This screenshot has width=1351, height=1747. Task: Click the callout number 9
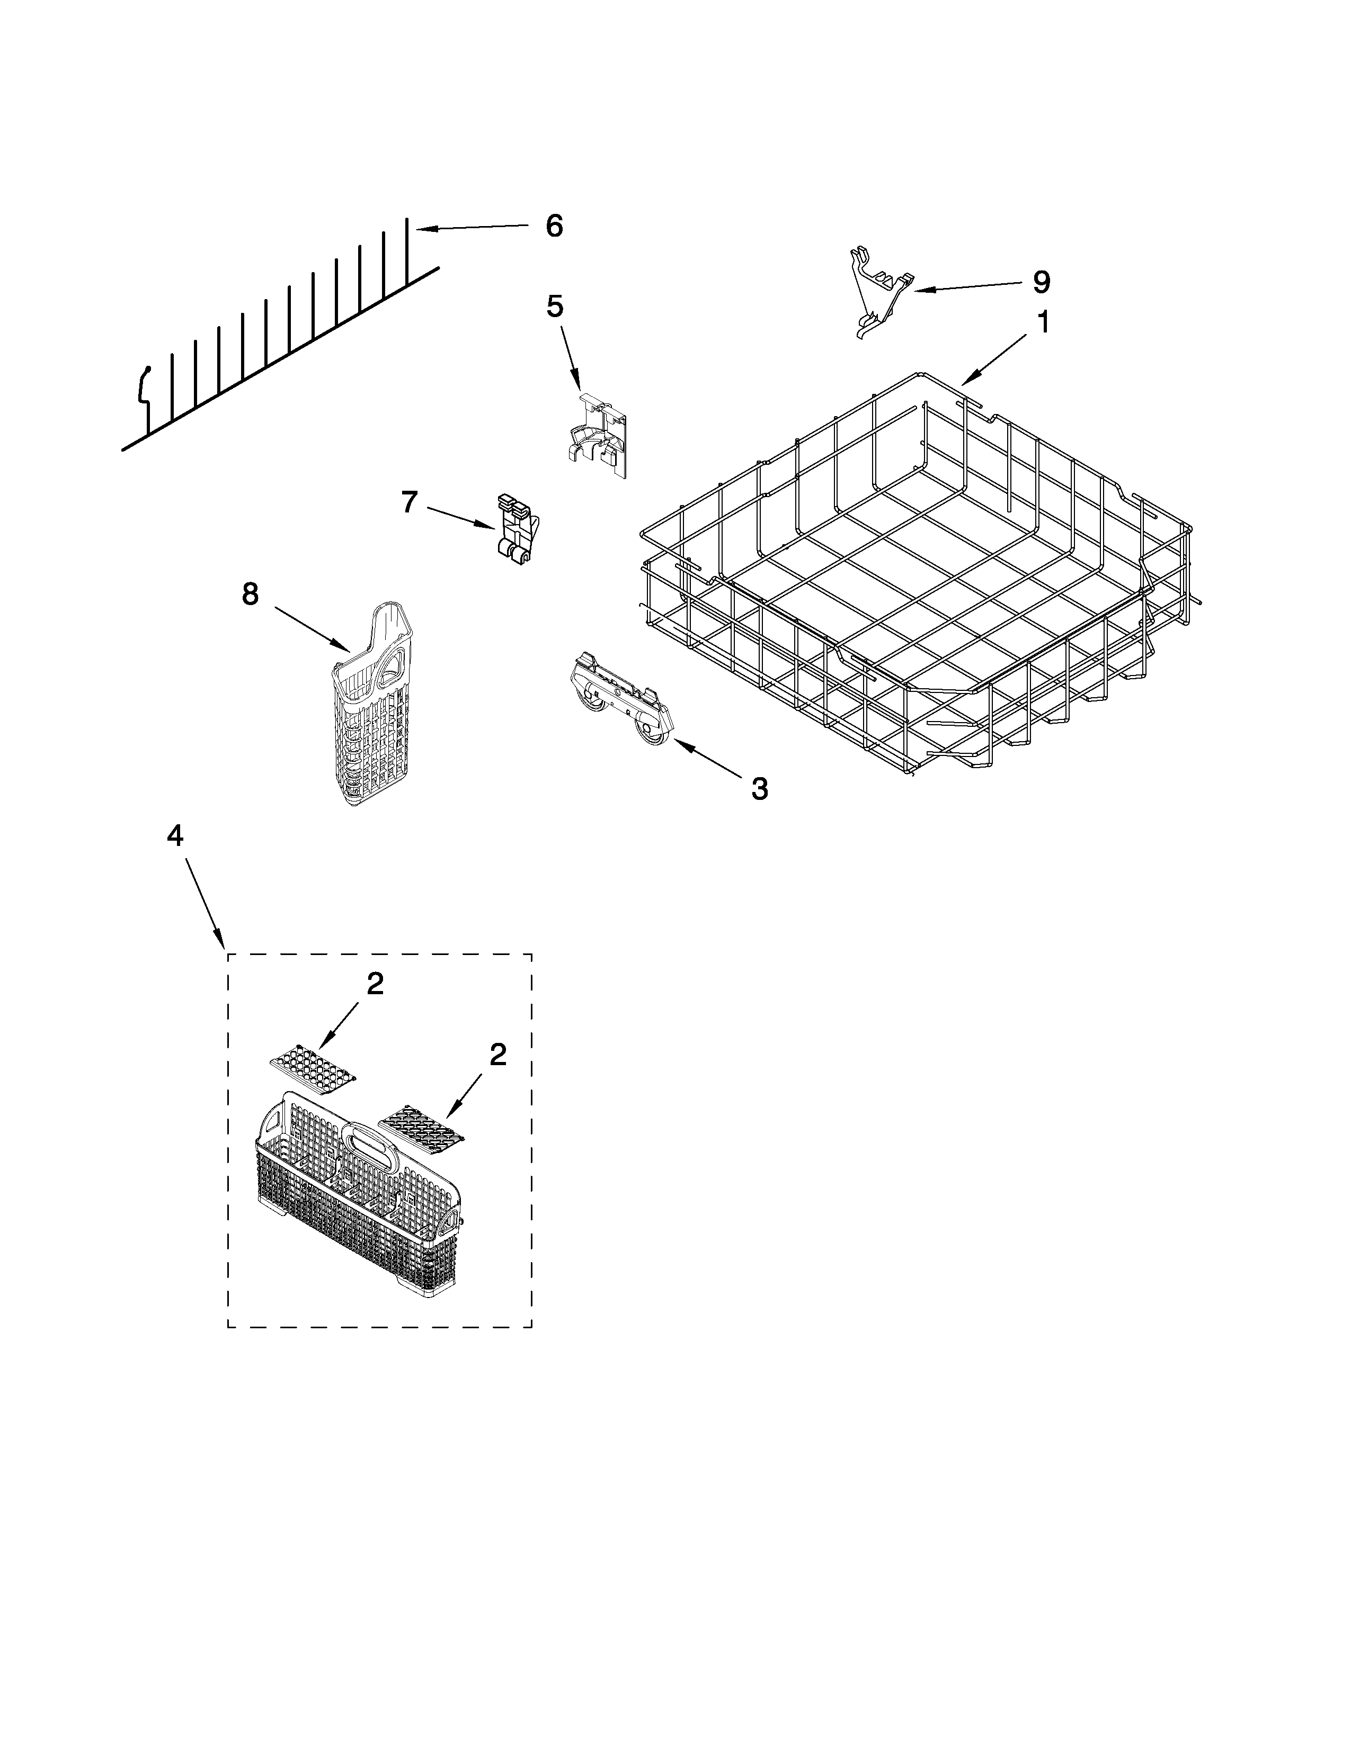(x=1041, y=282)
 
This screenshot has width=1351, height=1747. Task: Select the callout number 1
(x=1042, y=322)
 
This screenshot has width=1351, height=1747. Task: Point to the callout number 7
(x=409, y=502)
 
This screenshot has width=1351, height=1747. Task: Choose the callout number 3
(x=760, y=789)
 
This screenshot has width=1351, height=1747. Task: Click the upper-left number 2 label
(x=375, y=984)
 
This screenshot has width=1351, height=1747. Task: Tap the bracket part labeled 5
(x=599, y=436)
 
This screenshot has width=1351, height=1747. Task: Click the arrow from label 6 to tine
(x=472, y=228)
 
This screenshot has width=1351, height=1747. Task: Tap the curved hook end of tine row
(x=145, y=384)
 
